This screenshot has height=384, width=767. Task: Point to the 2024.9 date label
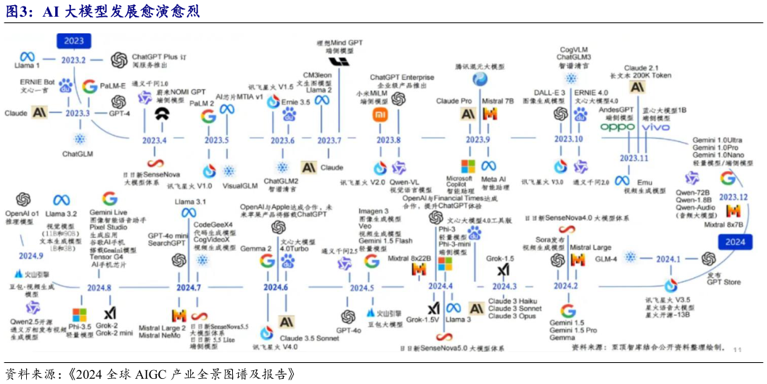30,256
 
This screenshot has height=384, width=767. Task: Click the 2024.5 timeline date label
361,288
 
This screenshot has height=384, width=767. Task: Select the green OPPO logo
618,127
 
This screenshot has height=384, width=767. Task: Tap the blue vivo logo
657,127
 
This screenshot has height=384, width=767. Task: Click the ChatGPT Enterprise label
402,77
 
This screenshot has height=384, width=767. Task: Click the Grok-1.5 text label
500,258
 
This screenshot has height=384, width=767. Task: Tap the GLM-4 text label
606,259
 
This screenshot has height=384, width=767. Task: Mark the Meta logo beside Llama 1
28,56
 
